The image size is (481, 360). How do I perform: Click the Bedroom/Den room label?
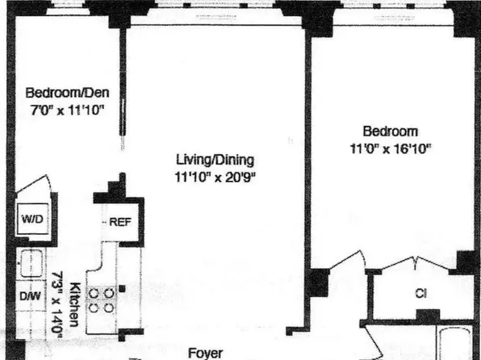[x=67, y=92]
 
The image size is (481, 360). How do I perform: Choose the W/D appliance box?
[x=31, y=220]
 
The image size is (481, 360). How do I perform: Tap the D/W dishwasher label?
[x=30, y=295]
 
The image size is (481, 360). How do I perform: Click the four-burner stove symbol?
[x=102, y=299]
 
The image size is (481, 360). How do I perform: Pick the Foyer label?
[x=205, y=353]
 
